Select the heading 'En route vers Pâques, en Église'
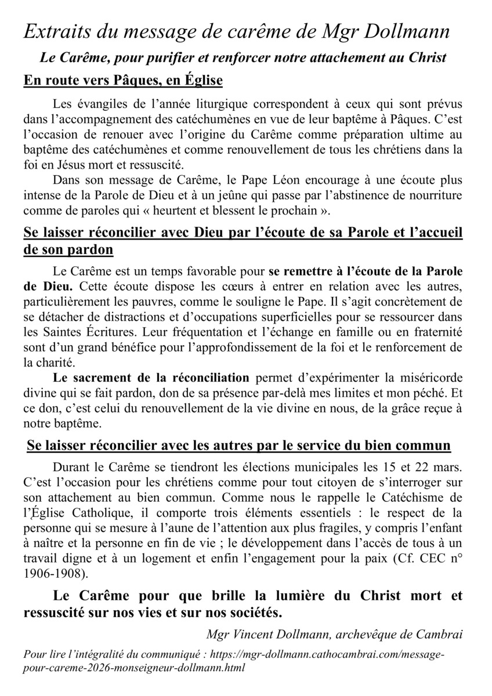pos(123,81)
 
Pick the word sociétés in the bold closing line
pos(253,612)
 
